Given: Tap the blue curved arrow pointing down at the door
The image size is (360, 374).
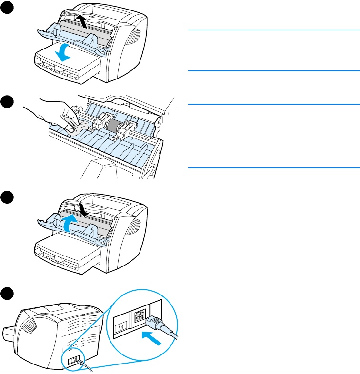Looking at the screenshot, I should (x=63, y=53).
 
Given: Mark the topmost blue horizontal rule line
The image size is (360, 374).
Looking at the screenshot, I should (x=273, y=30).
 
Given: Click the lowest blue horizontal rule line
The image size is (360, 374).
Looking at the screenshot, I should (x=273, y=167).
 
